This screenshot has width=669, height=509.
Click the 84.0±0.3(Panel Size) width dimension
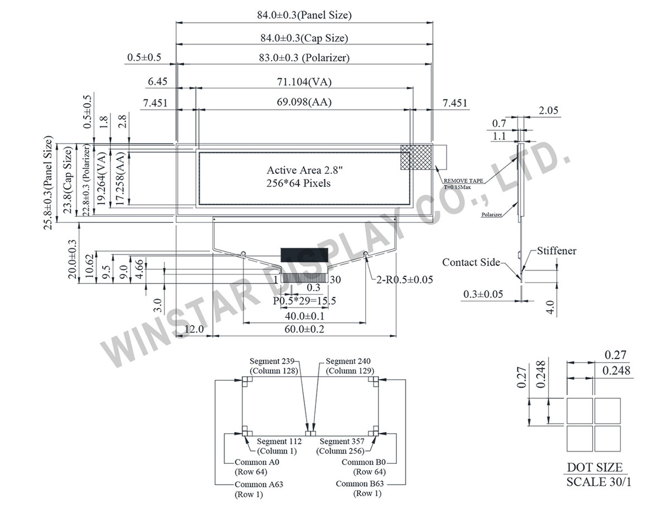304,16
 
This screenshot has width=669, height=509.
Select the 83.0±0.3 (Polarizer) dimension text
304,57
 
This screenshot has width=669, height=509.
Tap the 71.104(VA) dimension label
304,82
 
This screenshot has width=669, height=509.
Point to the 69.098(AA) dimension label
304,102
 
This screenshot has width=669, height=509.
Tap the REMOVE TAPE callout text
463,181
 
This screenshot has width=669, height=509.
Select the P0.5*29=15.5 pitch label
304,301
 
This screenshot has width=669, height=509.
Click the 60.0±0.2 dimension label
304,329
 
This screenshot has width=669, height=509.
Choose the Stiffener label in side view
556,251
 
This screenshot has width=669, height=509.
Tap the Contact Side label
471,262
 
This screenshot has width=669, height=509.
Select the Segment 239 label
273,361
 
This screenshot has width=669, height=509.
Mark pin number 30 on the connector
335,279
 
